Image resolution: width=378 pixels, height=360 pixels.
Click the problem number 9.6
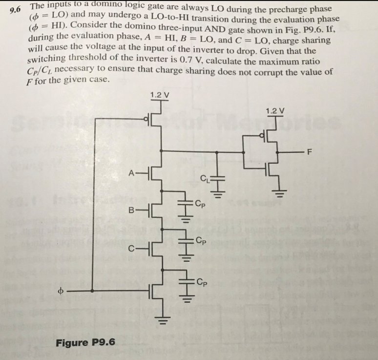(x=15, y=10)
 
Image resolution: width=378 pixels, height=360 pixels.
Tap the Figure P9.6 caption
(x=85, y=342)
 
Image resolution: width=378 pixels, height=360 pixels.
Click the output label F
(x=310, y=152)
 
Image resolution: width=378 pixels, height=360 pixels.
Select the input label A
(x=131, y=173)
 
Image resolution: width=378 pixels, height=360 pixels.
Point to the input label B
(x=131, y=210)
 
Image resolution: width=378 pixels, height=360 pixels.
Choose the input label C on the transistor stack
(x=131, y=249)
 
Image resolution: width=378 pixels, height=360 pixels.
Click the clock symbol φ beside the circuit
(x=61, y=291)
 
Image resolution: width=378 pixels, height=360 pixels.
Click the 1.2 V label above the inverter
(x=275, y=111)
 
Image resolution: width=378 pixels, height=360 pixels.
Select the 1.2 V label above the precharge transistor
(x=160, y=95)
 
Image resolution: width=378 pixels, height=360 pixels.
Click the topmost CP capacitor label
(x=200, y=204)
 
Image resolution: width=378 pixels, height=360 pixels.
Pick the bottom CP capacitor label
(x=201, y=282)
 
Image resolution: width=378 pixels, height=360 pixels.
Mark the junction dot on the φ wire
(x=92, y=291)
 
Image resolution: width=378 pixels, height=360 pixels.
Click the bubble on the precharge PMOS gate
(x=146, y=119)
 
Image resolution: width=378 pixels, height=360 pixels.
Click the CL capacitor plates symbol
(x=218, y=178)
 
